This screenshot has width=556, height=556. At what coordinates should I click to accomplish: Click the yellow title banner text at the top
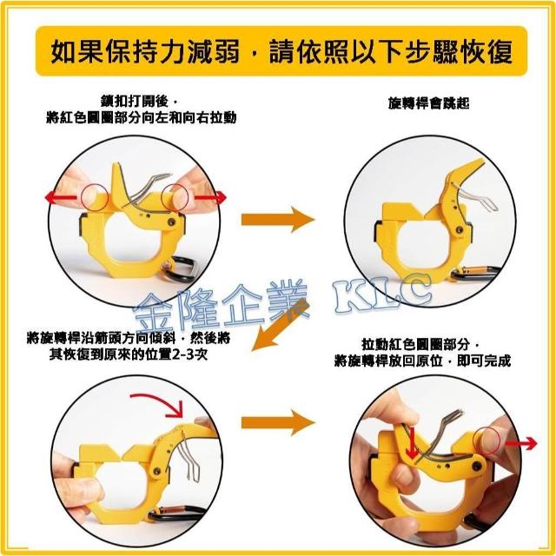pos(281,52)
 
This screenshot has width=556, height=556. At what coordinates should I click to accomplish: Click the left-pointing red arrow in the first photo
pos(61,198)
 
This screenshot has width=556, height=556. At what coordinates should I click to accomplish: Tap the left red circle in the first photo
pos(95,197)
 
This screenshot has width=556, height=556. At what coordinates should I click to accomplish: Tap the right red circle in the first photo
pos(175,197)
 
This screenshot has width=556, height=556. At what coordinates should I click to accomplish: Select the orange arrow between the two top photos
pos(278,220)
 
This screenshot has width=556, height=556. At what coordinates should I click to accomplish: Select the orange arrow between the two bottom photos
pos(278,422)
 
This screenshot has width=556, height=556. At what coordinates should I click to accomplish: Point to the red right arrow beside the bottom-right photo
pos(521,443)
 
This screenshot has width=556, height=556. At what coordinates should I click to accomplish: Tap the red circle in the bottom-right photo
pos(486,440)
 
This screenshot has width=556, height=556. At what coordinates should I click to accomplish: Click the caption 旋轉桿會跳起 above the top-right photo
pos(428,103)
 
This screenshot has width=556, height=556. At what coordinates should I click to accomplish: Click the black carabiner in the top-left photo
pos(179,270)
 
